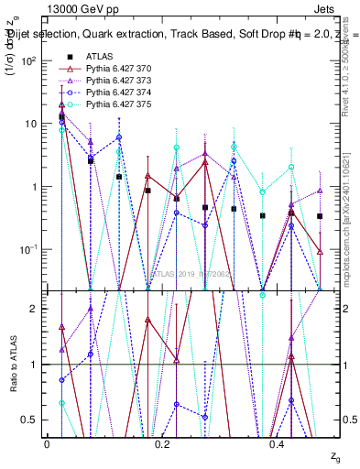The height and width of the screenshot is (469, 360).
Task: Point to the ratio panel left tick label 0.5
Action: (29, 420)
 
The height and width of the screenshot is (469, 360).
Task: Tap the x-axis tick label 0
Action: (48, 443)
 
